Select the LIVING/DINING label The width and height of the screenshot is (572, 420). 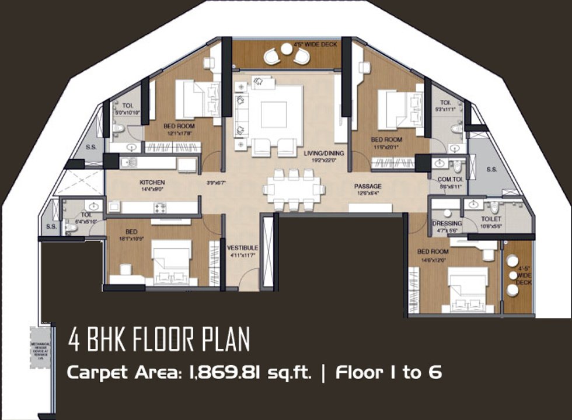(x=324, y=153)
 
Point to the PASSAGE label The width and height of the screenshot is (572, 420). (x=367, y=187)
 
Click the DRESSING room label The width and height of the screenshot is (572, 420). (x=447, y=223)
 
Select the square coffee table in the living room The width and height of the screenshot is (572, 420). (x=273, y=114)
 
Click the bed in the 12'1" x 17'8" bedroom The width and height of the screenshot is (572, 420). (x=197, y=100)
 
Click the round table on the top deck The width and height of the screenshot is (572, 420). (x=286, y=50)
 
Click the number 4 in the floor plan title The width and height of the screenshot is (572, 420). (x=74, y=339)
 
